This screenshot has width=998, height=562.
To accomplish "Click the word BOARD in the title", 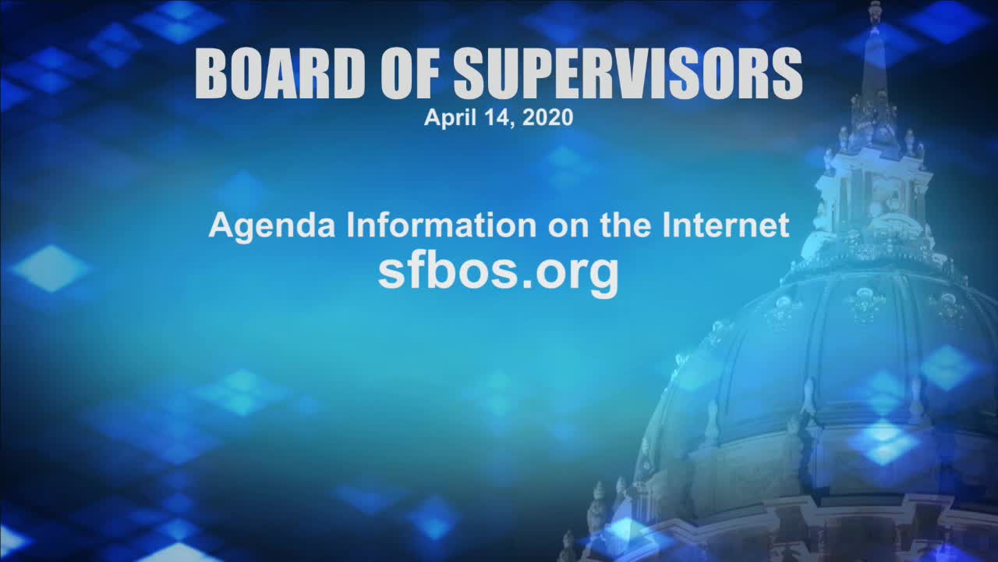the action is pyautogui.click(x=280, y=73).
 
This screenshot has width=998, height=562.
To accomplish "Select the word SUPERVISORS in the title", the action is pyautogui.click(x=628, y=73).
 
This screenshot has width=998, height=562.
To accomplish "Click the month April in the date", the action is pyautogui.click(x=450, y=118).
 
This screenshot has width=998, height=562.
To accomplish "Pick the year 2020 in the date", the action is pyautogui.click(x=547, y=117).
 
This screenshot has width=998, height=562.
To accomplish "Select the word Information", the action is pyautogui.click(x=441, y=226).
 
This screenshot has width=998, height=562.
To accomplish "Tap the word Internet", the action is pyautogui.click(x=726, y=226).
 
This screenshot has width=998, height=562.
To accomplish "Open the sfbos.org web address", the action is pyautogui.click(x=498, y=273).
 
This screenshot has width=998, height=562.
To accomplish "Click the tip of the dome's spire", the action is pyautogui.click(x=875, y=2).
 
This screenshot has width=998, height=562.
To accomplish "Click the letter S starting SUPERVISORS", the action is pyautogui.click(x=472, y=73).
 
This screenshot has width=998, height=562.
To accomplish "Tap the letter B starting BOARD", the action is pyautogui.click(x=214, y=73).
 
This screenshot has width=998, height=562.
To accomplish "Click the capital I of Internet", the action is pyautogui.click(x=666, y=226).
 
